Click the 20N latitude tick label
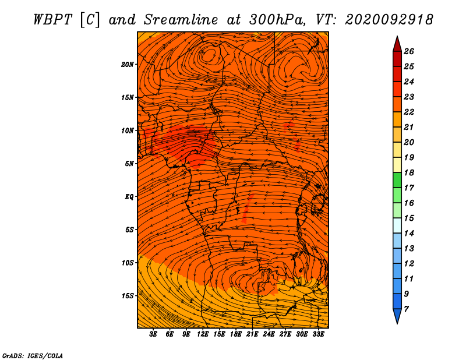point(128,65)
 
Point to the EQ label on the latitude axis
point(129,196)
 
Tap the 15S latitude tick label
point(128,296)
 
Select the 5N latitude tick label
point(129,164)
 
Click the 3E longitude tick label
point(153,334)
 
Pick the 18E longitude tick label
point(236,334)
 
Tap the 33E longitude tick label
point(318,334)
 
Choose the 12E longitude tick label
point(203,334)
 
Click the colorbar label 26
point(409,51)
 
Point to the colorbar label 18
point(409,172)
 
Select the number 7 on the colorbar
point(406,309)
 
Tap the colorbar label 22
point(409,112)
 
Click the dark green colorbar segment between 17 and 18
point(397,180)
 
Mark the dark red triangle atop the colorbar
point(397,45)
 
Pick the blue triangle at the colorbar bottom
point(397,316)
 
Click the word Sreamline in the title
point(181,20)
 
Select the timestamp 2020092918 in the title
point(389,20)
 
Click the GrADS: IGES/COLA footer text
point(33,355)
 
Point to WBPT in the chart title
point(53,20)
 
